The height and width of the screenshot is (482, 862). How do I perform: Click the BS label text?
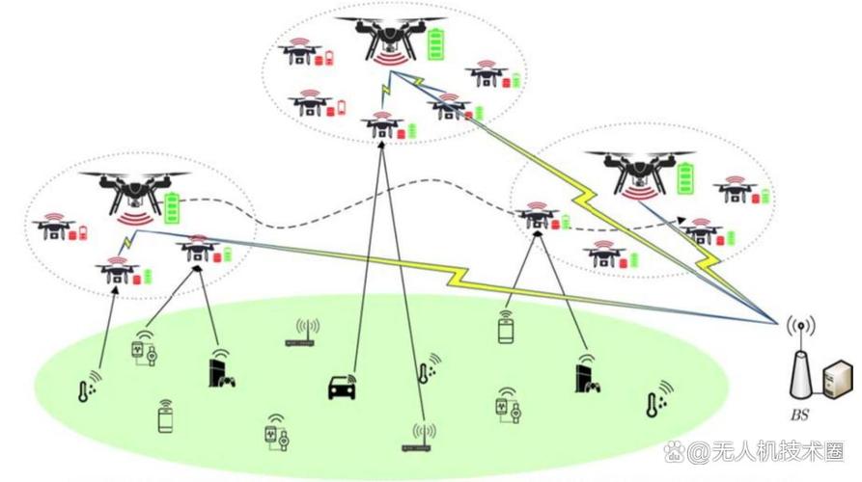coord(800,416)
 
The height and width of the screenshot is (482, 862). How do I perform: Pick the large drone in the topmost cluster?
coord(390,38)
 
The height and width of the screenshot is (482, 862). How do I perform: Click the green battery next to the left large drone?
coord(172,207)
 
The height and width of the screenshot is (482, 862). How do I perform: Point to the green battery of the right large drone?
coord(685,177)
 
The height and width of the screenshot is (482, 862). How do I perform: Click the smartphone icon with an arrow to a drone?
coord(506,329)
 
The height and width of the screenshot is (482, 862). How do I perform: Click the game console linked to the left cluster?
coord(219,370)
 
